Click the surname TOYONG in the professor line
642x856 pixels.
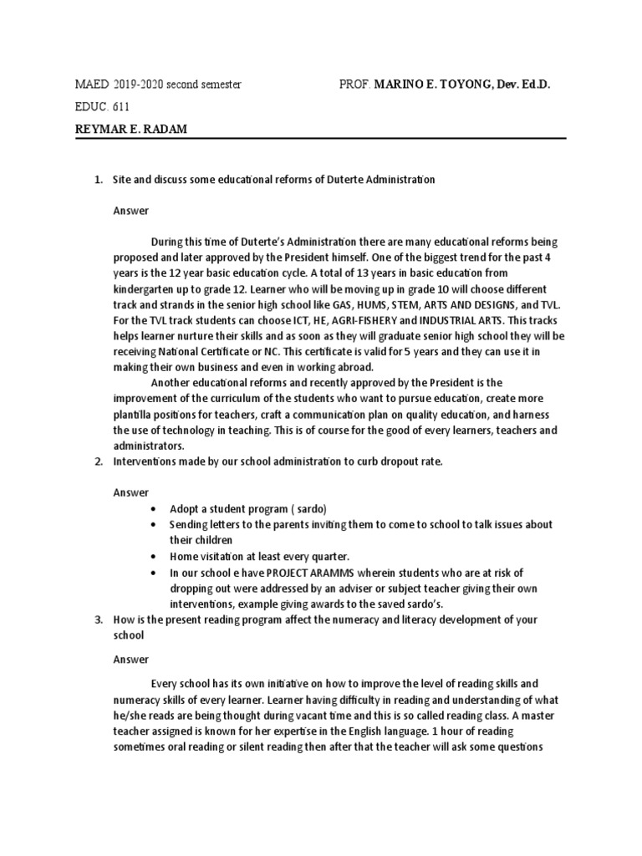461,85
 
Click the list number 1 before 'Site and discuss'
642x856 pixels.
97,181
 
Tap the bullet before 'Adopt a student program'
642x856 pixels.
151,508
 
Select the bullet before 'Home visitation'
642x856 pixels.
151,556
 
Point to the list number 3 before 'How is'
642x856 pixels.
97,619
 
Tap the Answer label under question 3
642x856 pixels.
131,658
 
